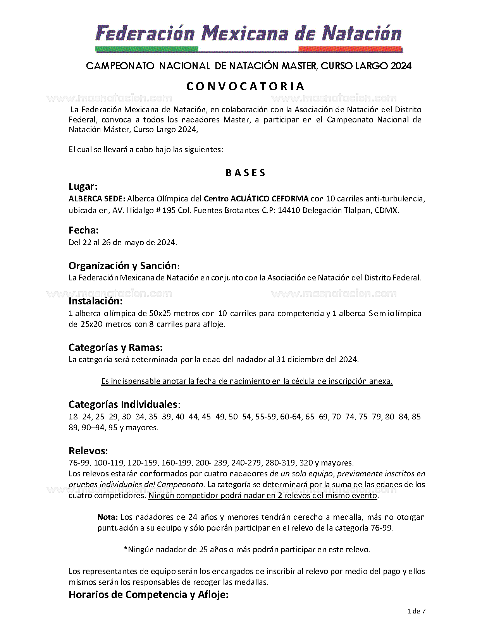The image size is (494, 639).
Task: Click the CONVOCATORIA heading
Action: tap(246, 86)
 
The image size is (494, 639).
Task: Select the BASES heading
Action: tap(246, 173)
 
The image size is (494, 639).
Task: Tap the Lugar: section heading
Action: tap(83, 187)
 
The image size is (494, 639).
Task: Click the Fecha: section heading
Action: tap(83, 230)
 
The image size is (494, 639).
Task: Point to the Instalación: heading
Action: tap(95, 301)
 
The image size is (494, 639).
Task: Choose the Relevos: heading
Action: tap(88, 451)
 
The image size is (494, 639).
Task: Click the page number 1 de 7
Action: tap(417, 612)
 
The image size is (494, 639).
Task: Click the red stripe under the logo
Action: tap(350, 49)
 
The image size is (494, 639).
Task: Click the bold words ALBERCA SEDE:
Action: tap(96, 199)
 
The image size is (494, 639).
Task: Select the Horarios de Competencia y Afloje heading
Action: tap(148, 595)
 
